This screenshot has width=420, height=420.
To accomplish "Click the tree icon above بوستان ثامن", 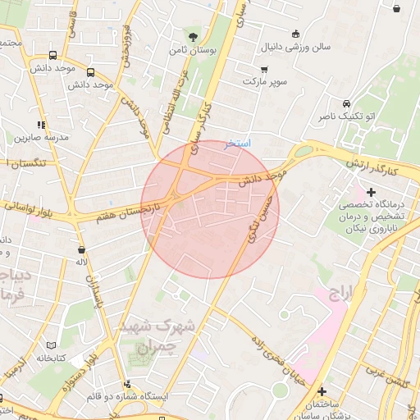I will click(x=193, y=36).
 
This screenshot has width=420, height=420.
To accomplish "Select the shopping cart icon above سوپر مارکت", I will click(x=264, y=68).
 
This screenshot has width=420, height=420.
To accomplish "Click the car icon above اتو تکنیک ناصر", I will click(x=348, y=104).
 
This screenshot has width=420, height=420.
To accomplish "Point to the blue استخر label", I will click(x=239, y=143).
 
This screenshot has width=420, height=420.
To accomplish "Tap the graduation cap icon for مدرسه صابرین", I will click(x=36, y=121).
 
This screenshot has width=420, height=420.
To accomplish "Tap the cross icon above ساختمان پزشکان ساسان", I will click(x=322, y=391).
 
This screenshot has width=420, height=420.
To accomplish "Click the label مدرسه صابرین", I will click(x=36, y=136).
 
